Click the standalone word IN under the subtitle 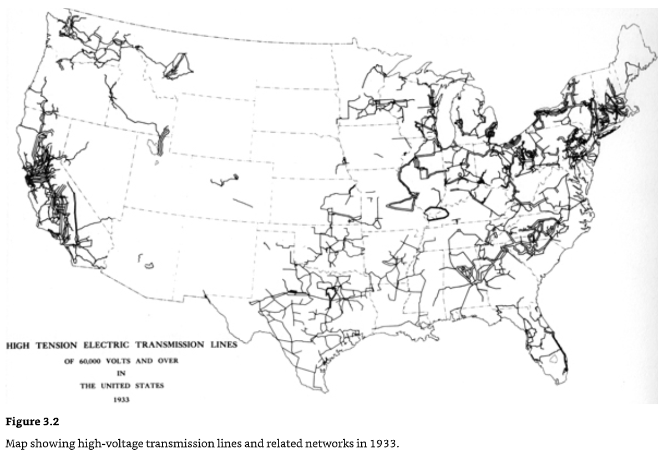click(x=121, y=373)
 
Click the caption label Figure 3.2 click(x=32, y=422)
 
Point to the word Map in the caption click(x=14, y=444)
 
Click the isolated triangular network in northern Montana click(x=179, y=65)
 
